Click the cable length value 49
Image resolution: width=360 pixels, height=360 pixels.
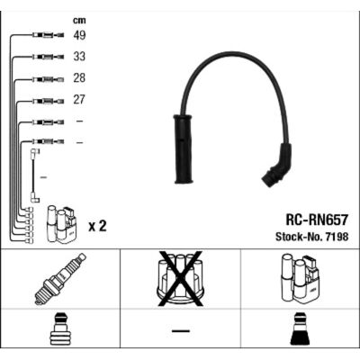79,35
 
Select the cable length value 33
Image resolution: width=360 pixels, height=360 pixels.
79,57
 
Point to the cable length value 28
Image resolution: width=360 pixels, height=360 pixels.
79,78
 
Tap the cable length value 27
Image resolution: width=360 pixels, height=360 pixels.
79,100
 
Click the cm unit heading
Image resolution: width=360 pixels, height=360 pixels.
79,21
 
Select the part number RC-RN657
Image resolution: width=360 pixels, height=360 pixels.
317,220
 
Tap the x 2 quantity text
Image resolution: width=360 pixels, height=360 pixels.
97,226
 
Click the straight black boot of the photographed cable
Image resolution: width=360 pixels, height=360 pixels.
183,149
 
